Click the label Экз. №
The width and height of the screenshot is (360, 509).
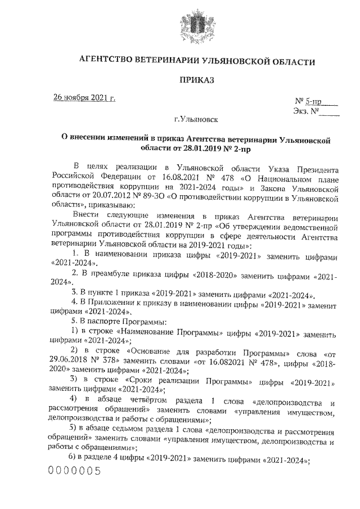306,111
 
